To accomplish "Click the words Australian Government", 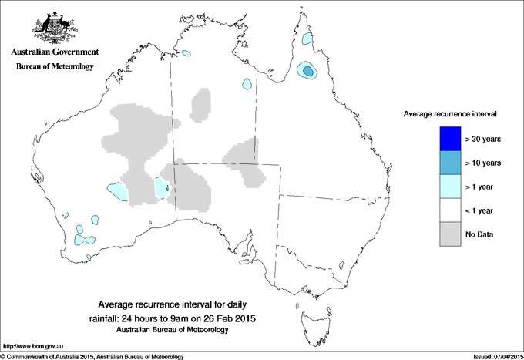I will pos(54,52).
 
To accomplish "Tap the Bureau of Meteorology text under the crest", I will pos(54,66).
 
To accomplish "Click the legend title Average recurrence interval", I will pos(450,113).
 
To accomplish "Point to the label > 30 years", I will pos(484,139).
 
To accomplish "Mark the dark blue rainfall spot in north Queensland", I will pos(308,72).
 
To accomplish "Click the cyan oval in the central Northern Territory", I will pos(247,84).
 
